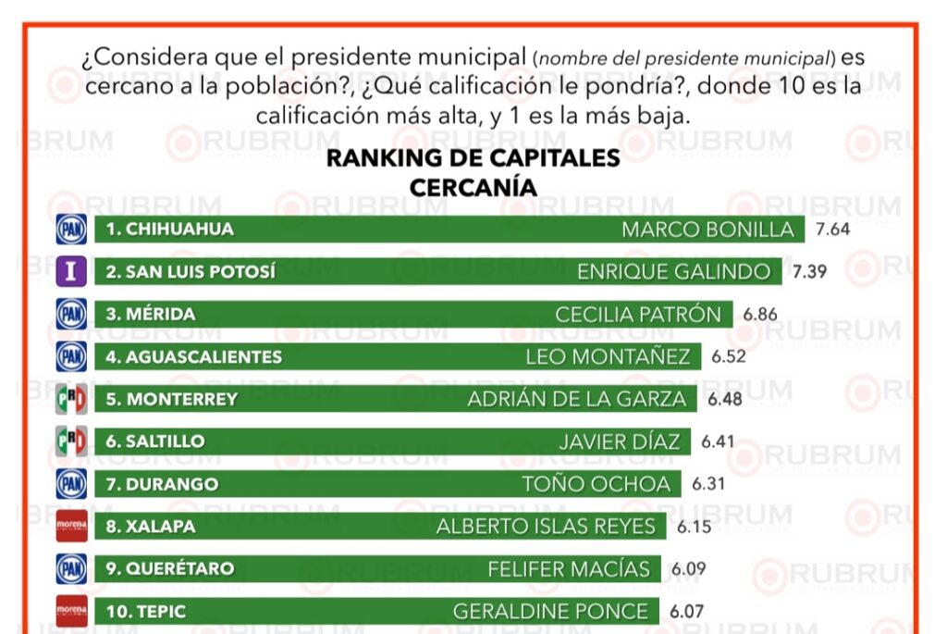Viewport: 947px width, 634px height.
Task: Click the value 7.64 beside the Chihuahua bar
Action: (833, 230)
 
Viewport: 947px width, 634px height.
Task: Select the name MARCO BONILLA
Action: (707, 230)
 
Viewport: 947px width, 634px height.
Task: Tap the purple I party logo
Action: (71, 272)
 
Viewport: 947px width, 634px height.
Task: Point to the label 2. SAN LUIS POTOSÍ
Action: (190, 272)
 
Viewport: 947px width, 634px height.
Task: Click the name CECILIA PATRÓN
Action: (637, 315)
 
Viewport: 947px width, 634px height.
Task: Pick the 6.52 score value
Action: (729, 356)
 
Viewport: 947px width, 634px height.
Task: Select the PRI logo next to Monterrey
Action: (71, 399)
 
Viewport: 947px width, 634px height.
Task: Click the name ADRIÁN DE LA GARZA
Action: (577, 399)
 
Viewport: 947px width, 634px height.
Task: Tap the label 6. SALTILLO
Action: (154, 441)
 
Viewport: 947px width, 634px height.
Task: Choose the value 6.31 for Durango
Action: (709, 484)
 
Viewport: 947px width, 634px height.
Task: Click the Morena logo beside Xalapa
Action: (71, 527)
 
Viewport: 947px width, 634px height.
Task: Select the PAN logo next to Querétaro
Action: (71, 568)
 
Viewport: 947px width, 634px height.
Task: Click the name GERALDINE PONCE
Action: (550, 611)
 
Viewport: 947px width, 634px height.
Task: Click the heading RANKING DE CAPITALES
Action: (473, 157)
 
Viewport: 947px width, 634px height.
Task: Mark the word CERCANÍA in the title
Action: (473, 186)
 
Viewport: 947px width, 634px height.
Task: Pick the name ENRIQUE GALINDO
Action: (673, 272)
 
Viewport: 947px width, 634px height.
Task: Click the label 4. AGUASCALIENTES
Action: (193, 356)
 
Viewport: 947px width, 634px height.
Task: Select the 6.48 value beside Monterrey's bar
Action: (726, 399)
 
